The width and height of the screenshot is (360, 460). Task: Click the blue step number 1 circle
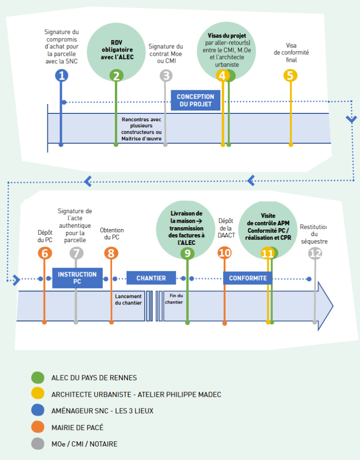(x=61, y=75)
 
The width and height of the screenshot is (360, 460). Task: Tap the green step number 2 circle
(x=116, y=75)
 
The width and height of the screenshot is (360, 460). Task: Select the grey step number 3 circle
(x=165, y=75)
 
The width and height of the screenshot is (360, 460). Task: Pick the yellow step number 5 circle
(x=291, y=75)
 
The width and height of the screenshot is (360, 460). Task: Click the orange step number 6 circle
(x=45, y=253)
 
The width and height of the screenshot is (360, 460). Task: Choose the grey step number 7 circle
(x=76, y=253)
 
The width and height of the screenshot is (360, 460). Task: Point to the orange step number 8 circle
(x=111, y=253)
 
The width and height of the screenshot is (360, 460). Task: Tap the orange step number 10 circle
(x=225, y=253)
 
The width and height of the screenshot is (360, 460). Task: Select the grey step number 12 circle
(x=315, y=253)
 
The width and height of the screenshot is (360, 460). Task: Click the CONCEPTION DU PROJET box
(x=195, y=100)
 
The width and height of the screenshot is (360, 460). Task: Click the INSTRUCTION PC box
(x=77, y=278)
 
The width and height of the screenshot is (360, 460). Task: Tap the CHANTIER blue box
(x=151, y=278)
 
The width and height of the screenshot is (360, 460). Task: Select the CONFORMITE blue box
(x=247, y=278)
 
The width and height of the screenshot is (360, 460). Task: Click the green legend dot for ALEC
(x=37, y=378)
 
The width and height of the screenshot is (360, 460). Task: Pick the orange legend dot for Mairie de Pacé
(x=37, y=427)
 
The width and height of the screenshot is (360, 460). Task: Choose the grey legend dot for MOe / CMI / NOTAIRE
(x=37, y=444)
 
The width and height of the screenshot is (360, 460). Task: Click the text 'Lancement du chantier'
(x=128, y=299)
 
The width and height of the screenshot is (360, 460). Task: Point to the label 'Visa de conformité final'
(x=291, y=52)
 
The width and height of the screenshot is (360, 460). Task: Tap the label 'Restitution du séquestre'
(x=314, y=234)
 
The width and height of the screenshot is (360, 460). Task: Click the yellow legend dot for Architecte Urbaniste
(x=37, y=394)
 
